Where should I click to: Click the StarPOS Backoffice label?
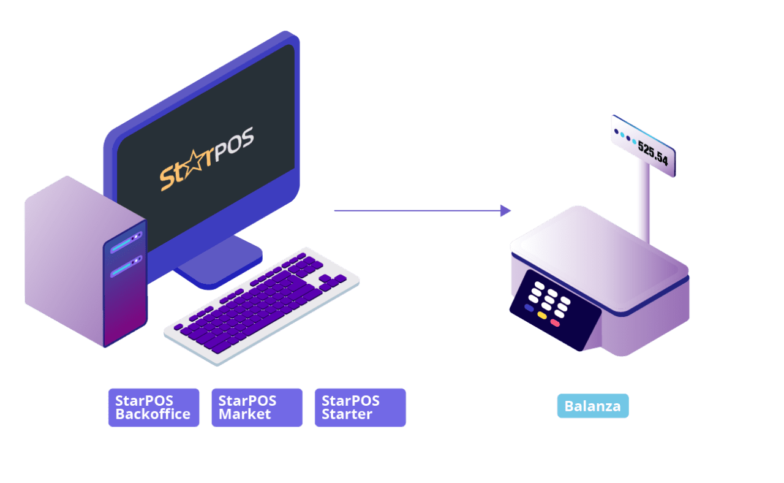[154, 407]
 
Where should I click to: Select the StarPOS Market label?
[257, 407]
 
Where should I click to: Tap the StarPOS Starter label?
[360, 407]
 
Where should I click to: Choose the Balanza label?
[592, 406]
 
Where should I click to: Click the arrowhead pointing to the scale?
[505, 210]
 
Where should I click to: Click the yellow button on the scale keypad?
[542, 315]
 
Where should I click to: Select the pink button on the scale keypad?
[555, 322]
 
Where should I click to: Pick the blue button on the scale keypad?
[529, 308]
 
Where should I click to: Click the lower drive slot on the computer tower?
[126, 265]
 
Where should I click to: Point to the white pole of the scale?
[643, 202]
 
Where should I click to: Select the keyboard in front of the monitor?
[262, 306]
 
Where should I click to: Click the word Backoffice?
[153, 414]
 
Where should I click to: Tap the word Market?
[244, 414]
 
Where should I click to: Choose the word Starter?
[347, 414]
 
